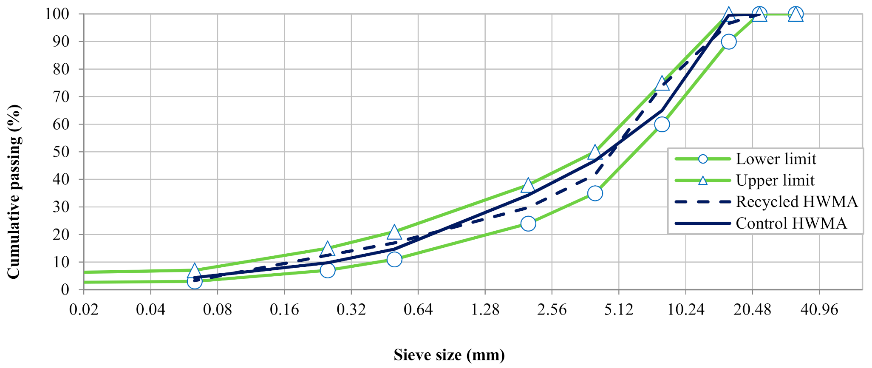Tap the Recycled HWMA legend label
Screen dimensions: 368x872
[796, 202]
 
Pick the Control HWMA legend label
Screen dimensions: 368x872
[791, 224]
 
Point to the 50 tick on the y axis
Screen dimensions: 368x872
[61, 152]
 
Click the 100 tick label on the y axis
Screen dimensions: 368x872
[57, 14]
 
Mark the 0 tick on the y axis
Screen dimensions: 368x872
[65, 290]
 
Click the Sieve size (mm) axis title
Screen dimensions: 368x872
[449, 355]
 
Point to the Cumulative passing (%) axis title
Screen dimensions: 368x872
[14, 191]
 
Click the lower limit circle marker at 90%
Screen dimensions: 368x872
[728, 42]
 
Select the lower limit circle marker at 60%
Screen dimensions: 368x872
[662, 125]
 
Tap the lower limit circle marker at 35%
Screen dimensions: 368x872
[595, 193]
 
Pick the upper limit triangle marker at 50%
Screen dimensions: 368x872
[595, 152]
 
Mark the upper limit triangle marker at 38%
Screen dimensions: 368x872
[528, 185]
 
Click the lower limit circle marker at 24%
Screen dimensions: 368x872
[528, 224]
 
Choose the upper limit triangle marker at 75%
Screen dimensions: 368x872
[662, 83]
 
